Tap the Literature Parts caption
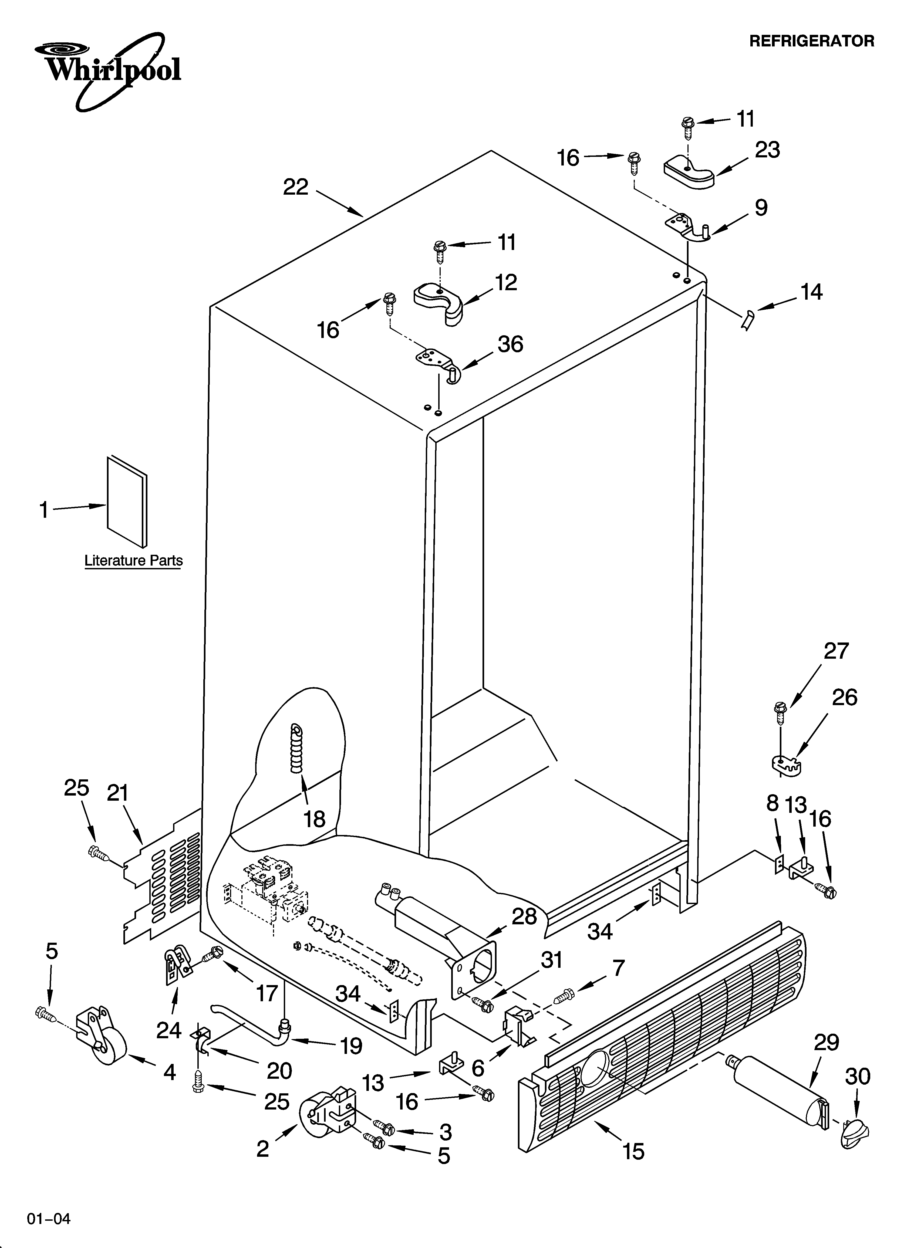(133, 561)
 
